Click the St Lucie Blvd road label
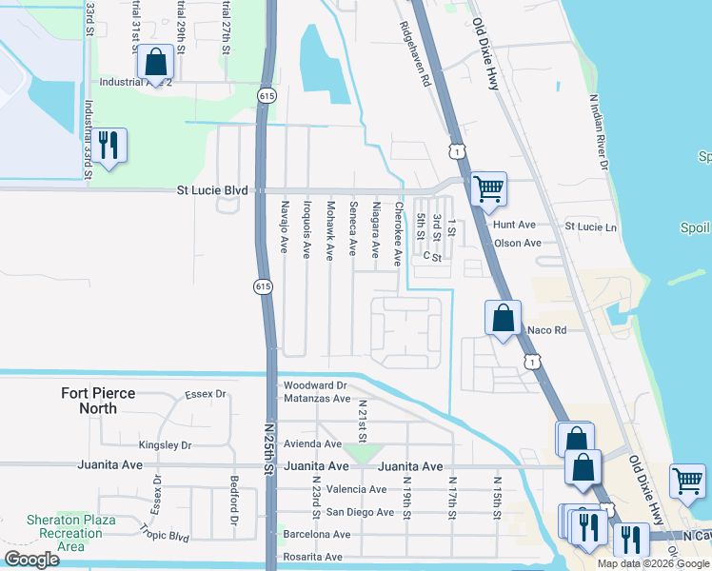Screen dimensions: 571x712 [x=212, y=190]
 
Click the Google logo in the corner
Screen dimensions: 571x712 [x=31, y=560]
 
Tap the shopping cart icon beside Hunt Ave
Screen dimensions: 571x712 [x=488, y=189]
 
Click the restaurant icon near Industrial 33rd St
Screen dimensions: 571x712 [x=109, y=147]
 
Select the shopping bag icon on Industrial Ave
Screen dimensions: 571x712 [x=155, y=63]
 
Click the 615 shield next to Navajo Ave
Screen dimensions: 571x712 [x=261, y=285]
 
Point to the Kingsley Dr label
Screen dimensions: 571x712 [x=165, y=444]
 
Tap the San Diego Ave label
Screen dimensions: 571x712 [x=360, y=512]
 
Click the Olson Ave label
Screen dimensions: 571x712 [x=518, y=243]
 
